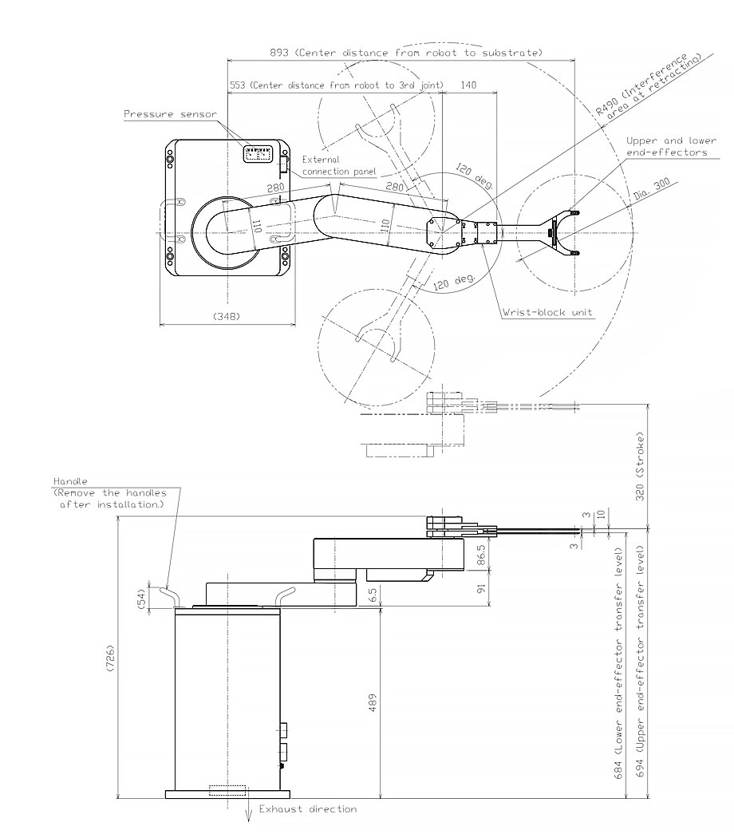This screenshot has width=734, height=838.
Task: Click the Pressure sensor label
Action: coord(169,114)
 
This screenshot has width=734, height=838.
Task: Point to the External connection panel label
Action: coord(332,165)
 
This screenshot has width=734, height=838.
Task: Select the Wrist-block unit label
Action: coord(547,312)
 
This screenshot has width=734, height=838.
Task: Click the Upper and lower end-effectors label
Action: coord(666,145)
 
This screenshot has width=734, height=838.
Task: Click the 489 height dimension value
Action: coord(373,702)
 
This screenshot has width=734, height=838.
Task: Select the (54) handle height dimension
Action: coord(143,598)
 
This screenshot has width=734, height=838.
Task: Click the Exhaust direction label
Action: coord(307,808)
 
